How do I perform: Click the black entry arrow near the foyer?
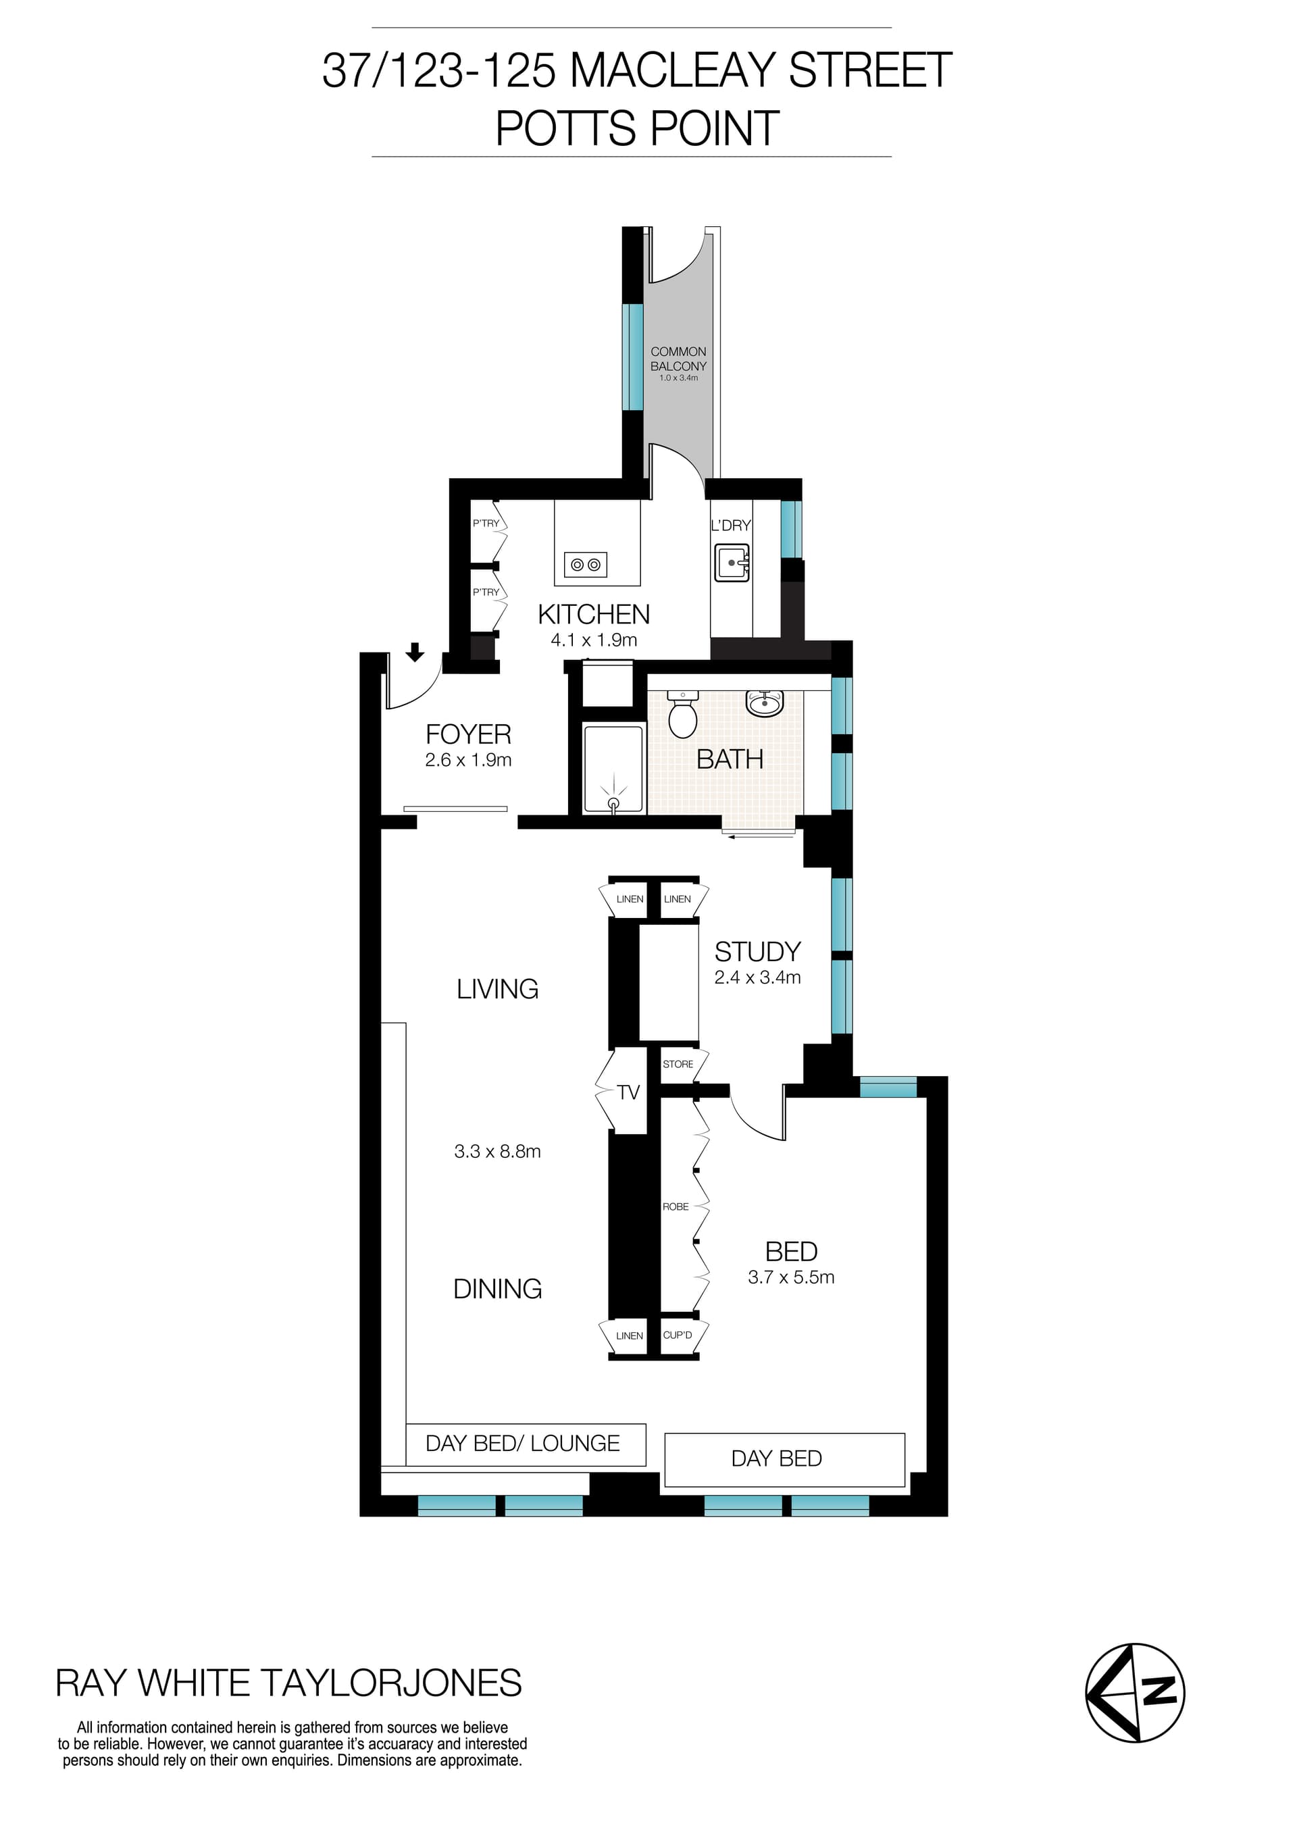pos(415,653)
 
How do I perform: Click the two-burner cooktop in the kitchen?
pos(586,565)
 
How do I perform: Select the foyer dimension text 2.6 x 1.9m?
pos(468,760)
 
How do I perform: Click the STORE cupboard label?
pos(678,1064)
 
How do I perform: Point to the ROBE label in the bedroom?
pos(676,1206)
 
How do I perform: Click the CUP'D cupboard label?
pos(678,1335)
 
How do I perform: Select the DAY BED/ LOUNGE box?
pos(525,1444)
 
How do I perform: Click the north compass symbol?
pos(1135,1693)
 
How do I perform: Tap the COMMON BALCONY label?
pos(678,359)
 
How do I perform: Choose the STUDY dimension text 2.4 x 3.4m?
pos(757,977)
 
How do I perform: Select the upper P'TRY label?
pos(486,524)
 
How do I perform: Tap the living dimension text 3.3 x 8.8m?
pos(498,1151)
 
